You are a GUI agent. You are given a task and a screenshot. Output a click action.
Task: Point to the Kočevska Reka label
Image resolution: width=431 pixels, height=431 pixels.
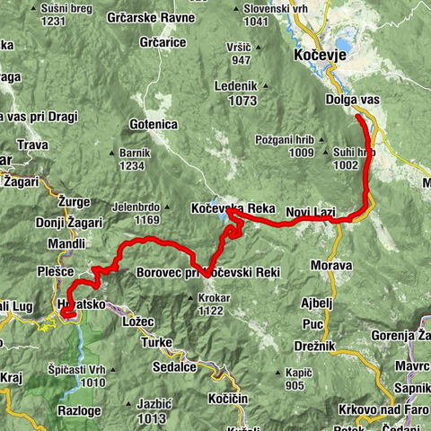tap(233, 208)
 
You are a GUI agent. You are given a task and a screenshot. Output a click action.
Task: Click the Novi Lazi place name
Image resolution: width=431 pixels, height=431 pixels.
tap(310, 213)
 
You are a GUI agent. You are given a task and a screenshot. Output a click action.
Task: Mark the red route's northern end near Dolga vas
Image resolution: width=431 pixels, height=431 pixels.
tap(357, 117)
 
